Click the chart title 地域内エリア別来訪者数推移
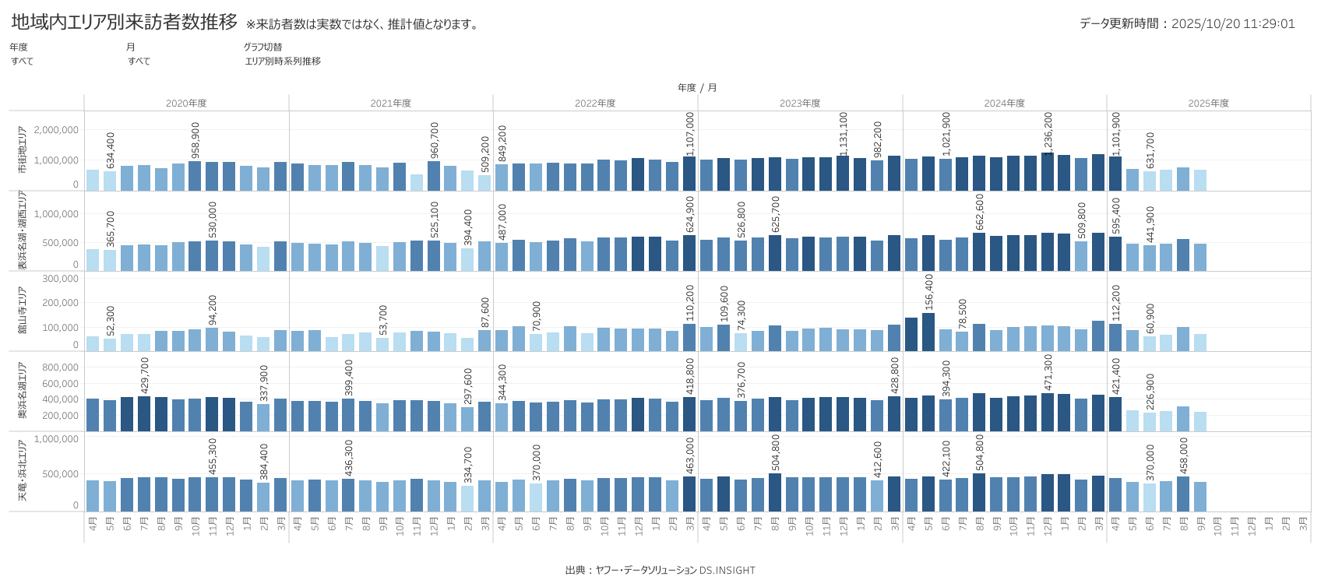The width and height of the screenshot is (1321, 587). (x=125, y=23)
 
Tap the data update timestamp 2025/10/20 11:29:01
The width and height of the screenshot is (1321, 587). (x=1233, y=24)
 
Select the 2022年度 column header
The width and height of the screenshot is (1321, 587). (x=595, y=104)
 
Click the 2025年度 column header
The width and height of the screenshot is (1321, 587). (x=1208, y=104)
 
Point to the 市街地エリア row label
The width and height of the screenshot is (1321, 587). (x=22, y=150)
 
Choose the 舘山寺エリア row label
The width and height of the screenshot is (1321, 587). (x=22, y=311)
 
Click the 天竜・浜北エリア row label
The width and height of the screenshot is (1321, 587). (x=22, y=471)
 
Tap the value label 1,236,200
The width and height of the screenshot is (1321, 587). (x=1048, y=132)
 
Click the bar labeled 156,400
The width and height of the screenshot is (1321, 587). (x=928, y=332)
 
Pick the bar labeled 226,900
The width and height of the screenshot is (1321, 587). (x=1150, y=422)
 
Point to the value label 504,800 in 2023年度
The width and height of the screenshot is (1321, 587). (x=775, y=453)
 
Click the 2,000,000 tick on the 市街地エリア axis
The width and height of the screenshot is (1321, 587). (x=56, y=130)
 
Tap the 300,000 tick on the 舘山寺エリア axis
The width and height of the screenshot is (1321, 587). (x=60, y=279)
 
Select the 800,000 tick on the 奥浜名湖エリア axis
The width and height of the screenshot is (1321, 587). (x=60, y=367)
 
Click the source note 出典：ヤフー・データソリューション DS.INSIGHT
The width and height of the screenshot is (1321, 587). (x=660, y=571)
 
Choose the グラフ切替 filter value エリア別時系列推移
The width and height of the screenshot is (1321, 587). (x=283, y=62)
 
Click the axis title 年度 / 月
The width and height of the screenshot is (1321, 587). (x=697, y=88)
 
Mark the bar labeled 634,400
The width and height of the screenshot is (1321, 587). (x=110, y=181)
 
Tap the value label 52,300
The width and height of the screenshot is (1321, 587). (x=111, y=321)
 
